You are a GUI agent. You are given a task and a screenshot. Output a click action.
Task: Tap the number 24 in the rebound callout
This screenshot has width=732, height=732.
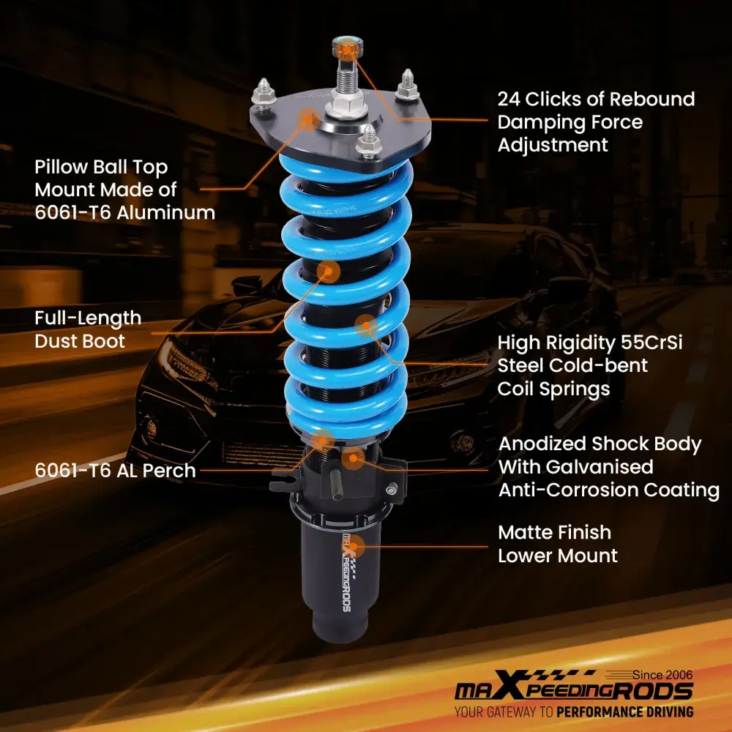pos(509,99)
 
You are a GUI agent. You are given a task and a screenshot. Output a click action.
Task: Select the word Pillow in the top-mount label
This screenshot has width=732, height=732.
pos(61,167)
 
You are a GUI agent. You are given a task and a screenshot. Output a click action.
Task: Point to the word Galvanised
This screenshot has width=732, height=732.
pos(600,467)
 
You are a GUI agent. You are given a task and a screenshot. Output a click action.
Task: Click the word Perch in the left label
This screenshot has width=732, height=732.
pos(169,471)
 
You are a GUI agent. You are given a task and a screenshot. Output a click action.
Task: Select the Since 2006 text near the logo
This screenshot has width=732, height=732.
pos(662,675)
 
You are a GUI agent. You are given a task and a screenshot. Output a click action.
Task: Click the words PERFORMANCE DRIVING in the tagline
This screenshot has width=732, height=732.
pos(625,712)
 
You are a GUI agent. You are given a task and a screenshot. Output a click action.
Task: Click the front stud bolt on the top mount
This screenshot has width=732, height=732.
pos(369,141)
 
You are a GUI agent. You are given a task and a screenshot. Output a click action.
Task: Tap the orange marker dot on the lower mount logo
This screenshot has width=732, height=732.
pos(354,546)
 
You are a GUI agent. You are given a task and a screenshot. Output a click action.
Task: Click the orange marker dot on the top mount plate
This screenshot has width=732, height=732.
pos(309,119)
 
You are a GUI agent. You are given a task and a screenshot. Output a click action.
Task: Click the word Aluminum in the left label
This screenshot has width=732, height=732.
pos(165,213)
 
